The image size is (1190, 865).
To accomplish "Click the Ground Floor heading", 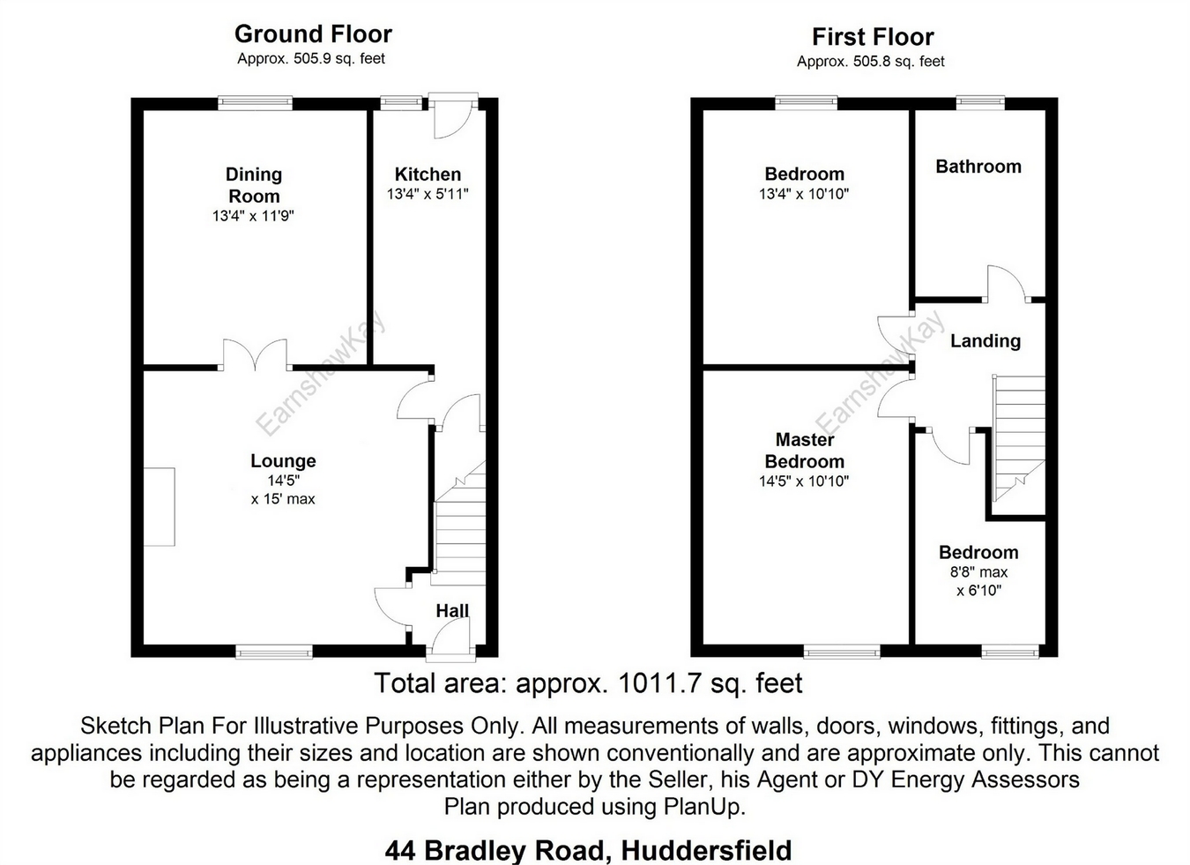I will click(313, 34).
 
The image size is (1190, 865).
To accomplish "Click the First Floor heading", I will click(872, 37).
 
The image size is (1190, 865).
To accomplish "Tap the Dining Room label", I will click(254, 185).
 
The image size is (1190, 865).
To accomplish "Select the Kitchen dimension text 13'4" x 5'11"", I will click(428, 194).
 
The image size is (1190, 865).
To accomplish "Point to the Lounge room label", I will click(283, 461).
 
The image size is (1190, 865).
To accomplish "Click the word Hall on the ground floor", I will click(452, 610).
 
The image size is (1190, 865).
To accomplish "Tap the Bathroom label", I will click(978, 167).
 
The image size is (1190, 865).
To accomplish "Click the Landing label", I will click(985, 341).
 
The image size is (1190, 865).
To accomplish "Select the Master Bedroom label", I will click(804, 451).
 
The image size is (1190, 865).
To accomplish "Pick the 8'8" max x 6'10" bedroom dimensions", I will click(978, 581).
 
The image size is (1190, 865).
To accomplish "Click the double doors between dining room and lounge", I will click(255, 355).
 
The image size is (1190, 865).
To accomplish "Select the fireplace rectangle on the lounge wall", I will click(160, 507).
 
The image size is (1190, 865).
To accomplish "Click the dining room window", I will click(255, 103).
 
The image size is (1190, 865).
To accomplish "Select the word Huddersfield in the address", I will click(706, 850).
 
